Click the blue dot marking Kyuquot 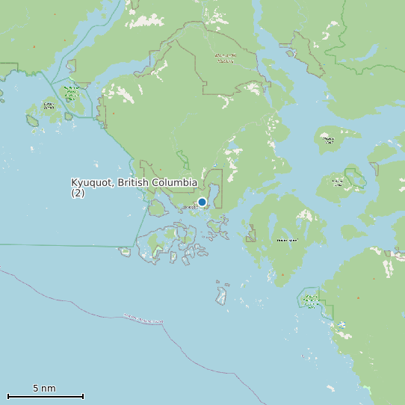[202, 202]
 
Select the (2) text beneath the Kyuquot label [78, 193]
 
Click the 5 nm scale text [44, 389]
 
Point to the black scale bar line [45, 396]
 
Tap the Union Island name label [286, 241]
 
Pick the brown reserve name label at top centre [224, 58]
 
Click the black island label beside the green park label [49, 105]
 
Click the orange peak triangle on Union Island [282, 275]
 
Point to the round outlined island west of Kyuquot [156, 207]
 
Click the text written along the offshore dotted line [142, 321]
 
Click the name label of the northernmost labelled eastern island [327, 138]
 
